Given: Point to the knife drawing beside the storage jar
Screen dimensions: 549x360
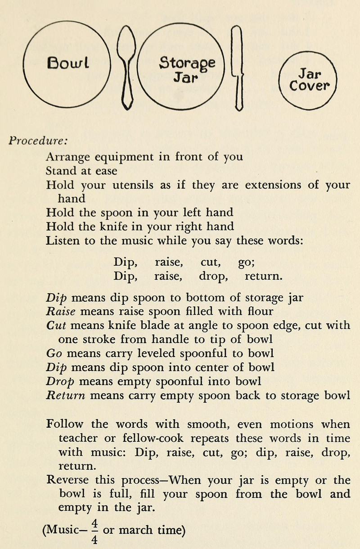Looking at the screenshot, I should [x=238, y=68].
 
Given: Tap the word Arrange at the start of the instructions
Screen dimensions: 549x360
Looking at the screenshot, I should [x=67, y=158].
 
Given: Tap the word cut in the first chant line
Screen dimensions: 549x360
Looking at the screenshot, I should [x=210, y=261].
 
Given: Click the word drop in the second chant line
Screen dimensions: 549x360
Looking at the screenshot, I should [x=213, y=275].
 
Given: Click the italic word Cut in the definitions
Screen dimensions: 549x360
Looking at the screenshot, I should [x=56, y=325].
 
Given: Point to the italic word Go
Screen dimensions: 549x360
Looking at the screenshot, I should [x=54, y=353].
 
